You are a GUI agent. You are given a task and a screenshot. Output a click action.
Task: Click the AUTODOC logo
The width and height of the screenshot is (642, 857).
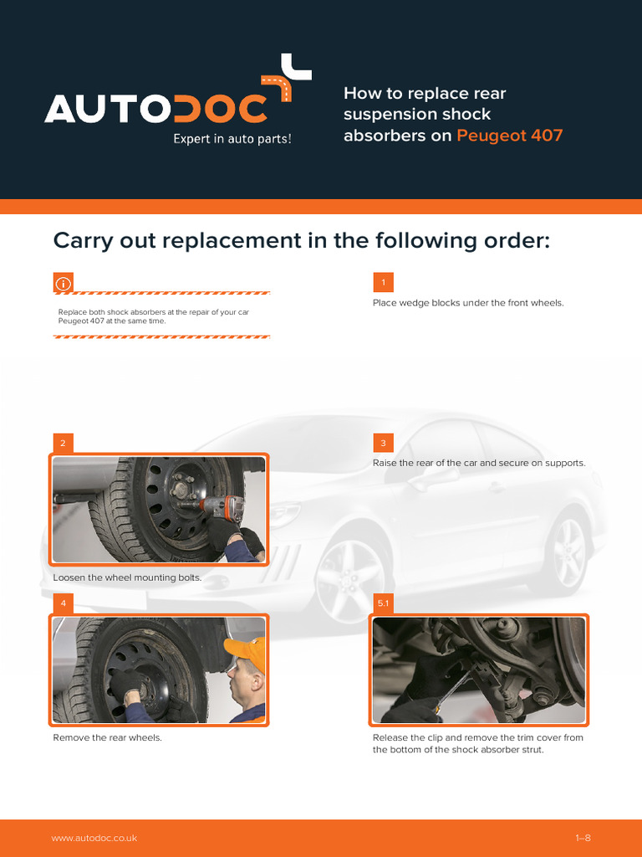point(178,99)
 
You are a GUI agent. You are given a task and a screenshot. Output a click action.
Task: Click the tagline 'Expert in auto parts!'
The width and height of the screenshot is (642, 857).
point(232,139)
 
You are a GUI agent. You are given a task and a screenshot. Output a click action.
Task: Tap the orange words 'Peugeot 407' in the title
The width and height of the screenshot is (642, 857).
point(509,135)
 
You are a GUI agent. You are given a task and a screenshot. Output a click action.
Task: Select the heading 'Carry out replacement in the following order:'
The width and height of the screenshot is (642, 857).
point(301,240)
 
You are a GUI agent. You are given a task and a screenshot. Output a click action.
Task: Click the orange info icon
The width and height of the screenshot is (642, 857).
point(64,283)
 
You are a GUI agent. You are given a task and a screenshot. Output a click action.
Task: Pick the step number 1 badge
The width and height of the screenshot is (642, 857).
point(383,283)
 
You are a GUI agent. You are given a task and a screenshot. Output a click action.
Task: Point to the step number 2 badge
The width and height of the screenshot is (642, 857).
point(64,443)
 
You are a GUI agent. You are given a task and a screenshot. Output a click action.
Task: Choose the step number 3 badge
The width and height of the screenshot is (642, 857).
point(383,443)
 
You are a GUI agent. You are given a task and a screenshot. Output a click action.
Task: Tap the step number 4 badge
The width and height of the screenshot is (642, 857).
point(64,603)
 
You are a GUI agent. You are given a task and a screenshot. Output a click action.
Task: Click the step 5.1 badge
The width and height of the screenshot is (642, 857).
point(383,603)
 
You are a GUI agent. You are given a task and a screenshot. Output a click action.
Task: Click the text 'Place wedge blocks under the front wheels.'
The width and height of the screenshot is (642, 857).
point(468,303)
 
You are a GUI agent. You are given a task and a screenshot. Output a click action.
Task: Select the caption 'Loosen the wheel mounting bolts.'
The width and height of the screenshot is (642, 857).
point(127,577)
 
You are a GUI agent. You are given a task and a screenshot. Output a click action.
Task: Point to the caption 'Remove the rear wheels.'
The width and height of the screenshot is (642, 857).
point(108,738)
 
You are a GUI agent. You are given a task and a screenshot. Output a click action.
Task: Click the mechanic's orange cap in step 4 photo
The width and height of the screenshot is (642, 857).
point(246,649)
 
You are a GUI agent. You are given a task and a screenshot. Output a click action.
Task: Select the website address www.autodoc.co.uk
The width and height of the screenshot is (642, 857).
point(94,838)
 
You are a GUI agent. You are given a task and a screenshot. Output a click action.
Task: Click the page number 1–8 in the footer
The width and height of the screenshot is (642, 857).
point(583,838)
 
